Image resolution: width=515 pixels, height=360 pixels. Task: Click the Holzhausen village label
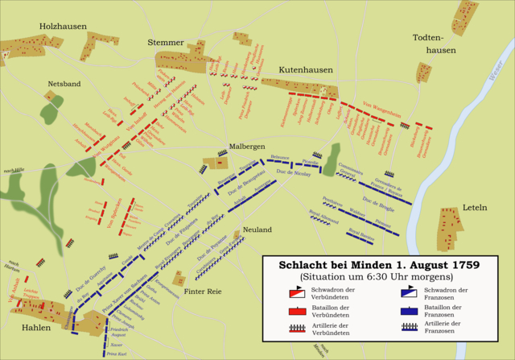pyautogui.click(x=64, y=27)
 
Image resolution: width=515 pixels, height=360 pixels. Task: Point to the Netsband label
pyautogui.click(x=64, y=84)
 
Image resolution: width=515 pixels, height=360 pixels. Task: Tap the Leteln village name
pyautogui.click(x=475, y=207)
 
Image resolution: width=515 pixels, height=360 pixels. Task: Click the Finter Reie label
pyautogui.click(x=203, y=292)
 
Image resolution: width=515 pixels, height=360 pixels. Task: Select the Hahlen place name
pyautogui.click(x=36, y=328)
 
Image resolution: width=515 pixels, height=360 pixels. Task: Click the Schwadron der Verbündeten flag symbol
pyautogui.click(x=299, y=293)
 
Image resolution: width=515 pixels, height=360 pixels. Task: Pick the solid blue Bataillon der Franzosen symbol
pyautogui.click(x=409, y=310)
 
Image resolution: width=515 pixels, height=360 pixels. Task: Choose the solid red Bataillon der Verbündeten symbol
pyautogui.click(x=299, y=310)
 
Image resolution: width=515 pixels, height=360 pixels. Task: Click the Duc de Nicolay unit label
pyautogui.click(x=294, y=172)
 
